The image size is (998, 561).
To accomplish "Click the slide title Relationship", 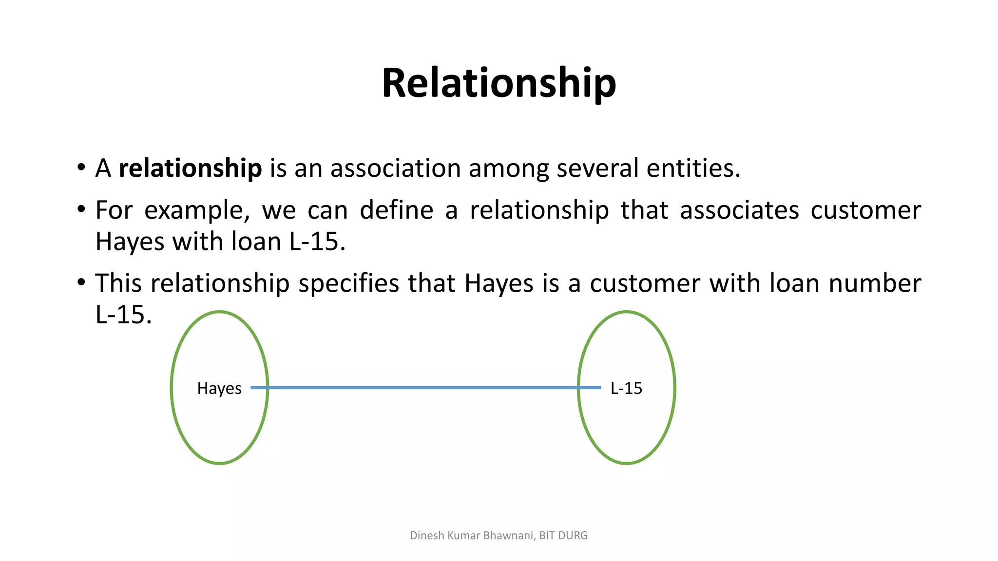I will pyautogui.click(x=499, y=83).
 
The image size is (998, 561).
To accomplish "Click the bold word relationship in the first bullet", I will pyautogui.click(x=190, y=168).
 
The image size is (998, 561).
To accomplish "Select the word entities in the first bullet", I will pyautogui.click(x=693, y=168).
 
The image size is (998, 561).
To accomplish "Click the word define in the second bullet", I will pyautogui.click(x=397, y=210).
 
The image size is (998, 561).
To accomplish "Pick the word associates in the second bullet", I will pyautogui.click(x=739, y=210).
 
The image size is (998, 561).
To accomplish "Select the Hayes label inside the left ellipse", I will pyautogui.click(x=219, y=389).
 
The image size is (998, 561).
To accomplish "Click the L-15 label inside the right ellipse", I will pyautogui.click(x=626, y=388).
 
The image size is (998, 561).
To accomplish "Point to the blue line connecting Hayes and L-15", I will pyautogui.click(x=424, y=388).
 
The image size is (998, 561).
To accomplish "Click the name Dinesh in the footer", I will pyautogui.click(x=427, y=536).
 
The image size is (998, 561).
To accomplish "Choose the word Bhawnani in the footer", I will pyautogui.click(x=510, y=536).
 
